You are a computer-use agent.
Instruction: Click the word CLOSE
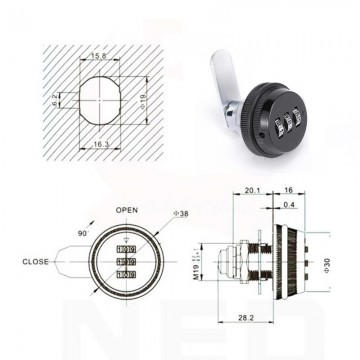click(37, 263)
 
